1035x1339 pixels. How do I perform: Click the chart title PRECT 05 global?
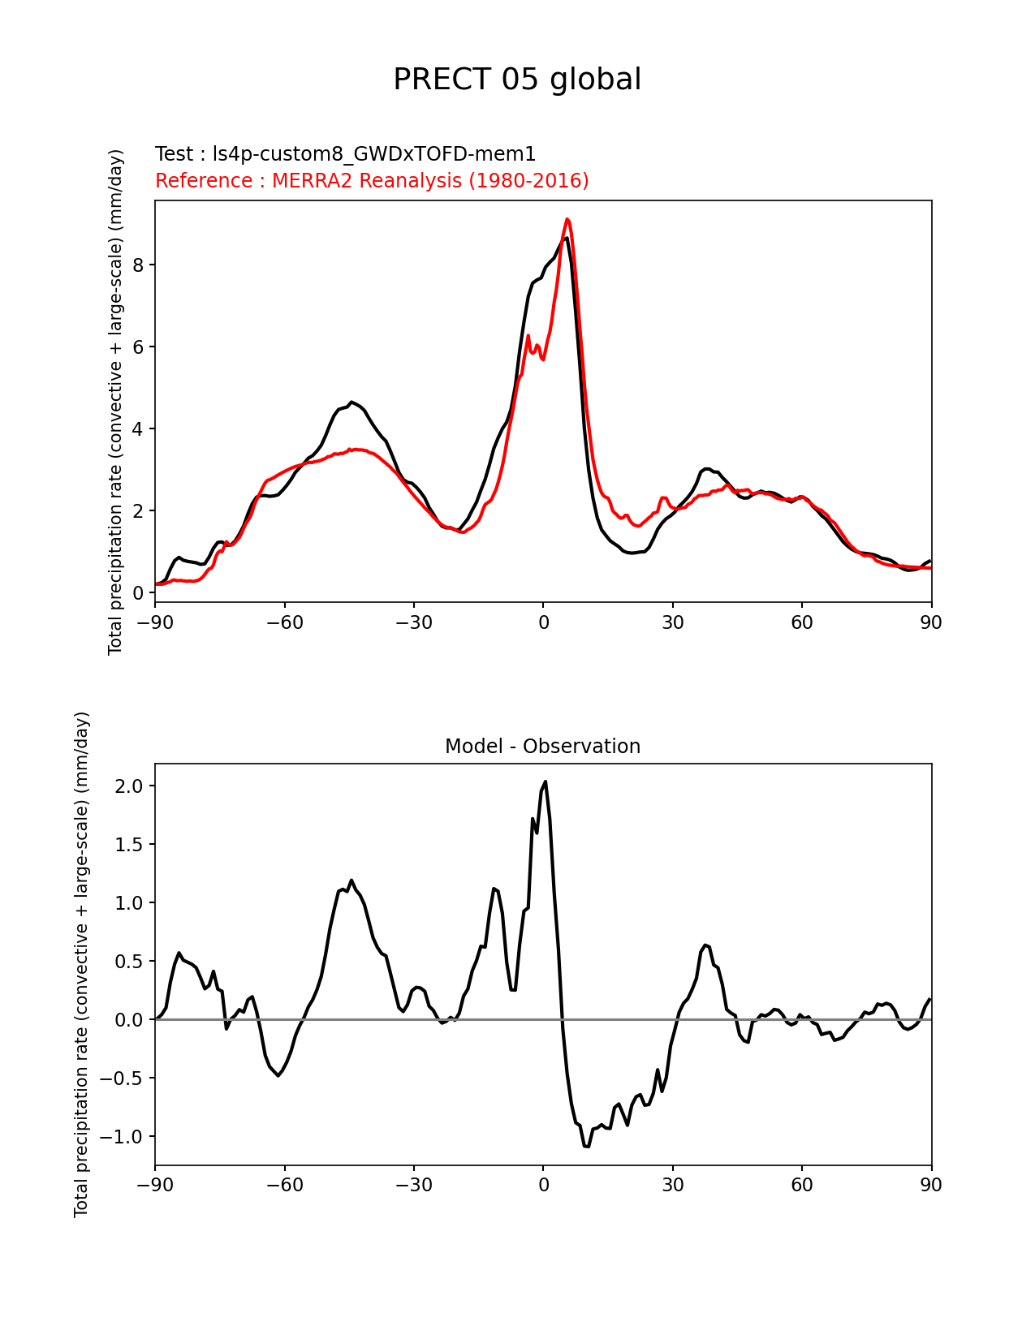pyautogui.click(x=517, y=80)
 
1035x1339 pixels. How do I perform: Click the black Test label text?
pyautogui.click(x=345, y=154)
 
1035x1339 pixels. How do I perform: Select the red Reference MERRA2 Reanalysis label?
pyautogui.click(x=372, y=180)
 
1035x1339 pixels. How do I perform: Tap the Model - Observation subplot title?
pyautogui.click(x=542, y=747)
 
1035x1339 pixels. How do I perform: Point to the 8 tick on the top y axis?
pyautogui.click(x=140, y=265)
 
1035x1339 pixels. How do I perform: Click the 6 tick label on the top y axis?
pyautogui.click(x=140, y=347)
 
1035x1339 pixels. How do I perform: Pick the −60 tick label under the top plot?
pyautogui.click(x=284, y=622)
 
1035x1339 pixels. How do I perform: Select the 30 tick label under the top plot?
pyautogui.click(x=672, y=622)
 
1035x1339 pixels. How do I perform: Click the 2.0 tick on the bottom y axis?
pyautogui.click(x=129, y=786)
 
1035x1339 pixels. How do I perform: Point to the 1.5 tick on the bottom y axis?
pyautogui.click(x=129, y=844)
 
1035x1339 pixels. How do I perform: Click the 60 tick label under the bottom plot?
pyautogui.click(x=801, y=1185)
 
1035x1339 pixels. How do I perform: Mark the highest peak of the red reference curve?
pyautogui.click(x=567, y=219)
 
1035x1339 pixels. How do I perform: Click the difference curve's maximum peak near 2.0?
pyautogui.click(x=546, y=781)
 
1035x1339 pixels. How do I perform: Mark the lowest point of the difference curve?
pyautogui.click(x=586, y=1147)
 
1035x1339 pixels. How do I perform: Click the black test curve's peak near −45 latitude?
pyautogui.click(x=351, y=402)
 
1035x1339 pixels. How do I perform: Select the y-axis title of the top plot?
pyautogui.click(x=116, y=402)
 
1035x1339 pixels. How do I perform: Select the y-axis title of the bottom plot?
pyautogui.click(x=81, y=964)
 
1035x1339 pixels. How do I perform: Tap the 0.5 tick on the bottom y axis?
pyautogui.click(x=129, y=961)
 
